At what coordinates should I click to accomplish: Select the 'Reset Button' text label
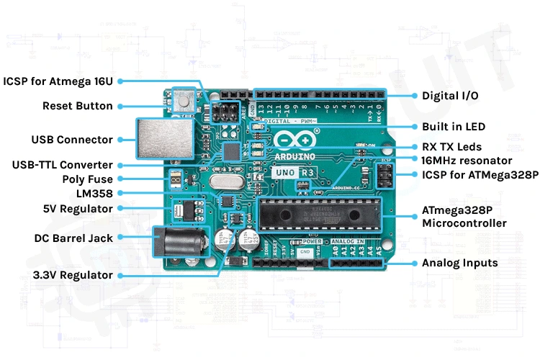click(78, 106)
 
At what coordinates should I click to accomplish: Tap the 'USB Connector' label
click(72, 140)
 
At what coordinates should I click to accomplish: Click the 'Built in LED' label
click(454, 127)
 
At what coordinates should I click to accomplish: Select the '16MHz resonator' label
click(467, 161)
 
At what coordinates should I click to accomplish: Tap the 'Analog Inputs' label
click(459, 263)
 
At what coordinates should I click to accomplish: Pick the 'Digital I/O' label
click(450, 95)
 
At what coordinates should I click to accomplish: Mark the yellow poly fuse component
click(174, 179)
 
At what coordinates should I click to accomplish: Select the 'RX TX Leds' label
click(451, 147)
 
